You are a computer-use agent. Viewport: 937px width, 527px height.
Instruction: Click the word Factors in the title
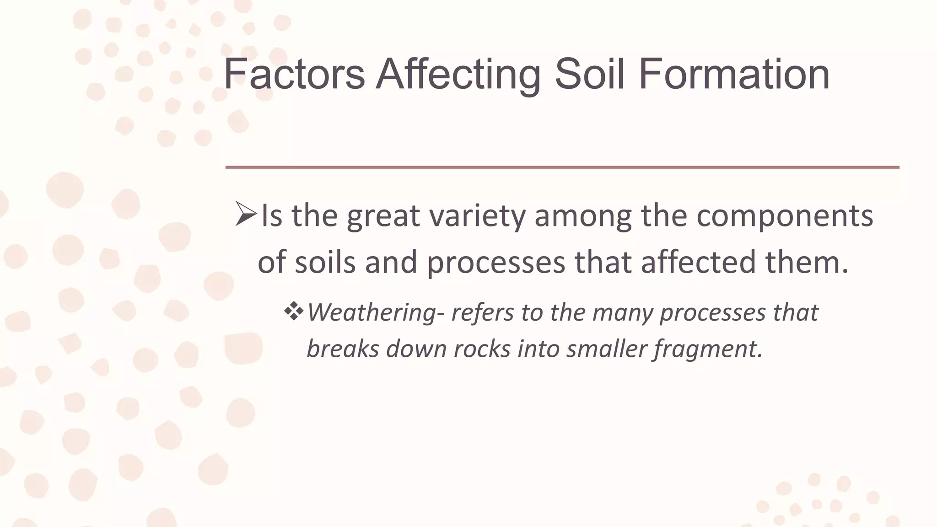294,74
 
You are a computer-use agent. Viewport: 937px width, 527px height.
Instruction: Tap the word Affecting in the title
458,74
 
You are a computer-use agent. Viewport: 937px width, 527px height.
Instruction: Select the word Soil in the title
589,74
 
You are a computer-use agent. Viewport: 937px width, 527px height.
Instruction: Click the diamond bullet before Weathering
294,312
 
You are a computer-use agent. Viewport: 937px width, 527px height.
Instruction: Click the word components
785,216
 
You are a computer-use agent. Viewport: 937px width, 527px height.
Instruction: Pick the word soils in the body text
325,263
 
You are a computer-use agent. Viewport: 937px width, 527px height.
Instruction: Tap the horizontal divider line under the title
562,167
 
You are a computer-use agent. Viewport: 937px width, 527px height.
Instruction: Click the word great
383,216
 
